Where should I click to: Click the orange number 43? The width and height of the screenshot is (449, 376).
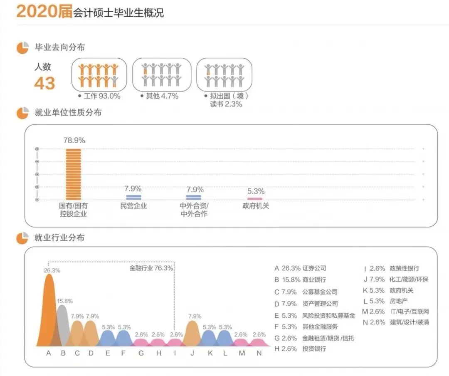[x=44, y=83]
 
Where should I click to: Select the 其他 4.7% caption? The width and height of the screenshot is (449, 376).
[x=162, y=96]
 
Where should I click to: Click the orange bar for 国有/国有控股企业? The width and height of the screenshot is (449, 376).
[x=74, y=174]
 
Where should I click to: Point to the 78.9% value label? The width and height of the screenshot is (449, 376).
[x=74, y=141]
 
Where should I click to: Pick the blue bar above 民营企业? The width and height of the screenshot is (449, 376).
[x=133, y=197]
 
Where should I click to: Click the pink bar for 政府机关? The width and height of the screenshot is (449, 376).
[x=255, y=199]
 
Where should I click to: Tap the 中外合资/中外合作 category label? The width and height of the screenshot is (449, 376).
[x=194, y=210]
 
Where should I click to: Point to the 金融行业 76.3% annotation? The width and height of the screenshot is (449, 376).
[x=151, y=268]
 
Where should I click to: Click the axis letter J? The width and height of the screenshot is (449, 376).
[x=192, y=354]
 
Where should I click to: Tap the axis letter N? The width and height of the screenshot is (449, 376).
[x=259, y=354]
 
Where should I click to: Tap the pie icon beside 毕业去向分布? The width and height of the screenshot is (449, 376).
[x=22, y=48]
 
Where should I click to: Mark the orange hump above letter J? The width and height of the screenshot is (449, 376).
[x=192, y=333]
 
